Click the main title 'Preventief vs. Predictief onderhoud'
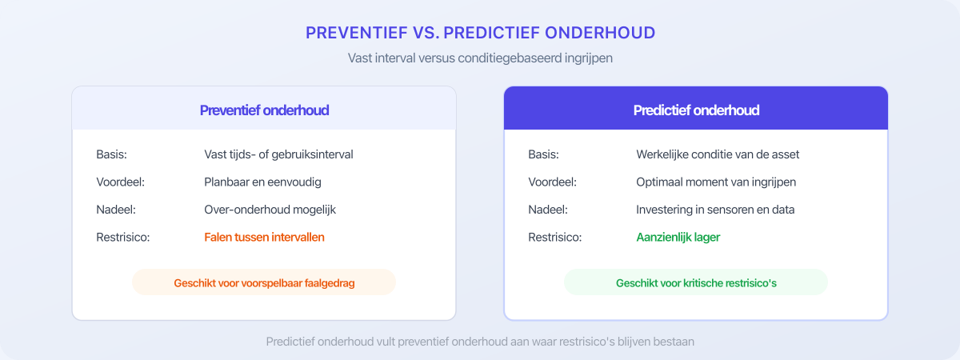pos(480,33)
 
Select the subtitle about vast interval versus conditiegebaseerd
pos(480,58)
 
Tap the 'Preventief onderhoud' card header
pos(264,110)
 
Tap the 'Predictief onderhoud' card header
pos(696,110)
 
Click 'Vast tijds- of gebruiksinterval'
pos(278,154)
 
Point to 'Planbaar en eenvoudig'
pos(262,182)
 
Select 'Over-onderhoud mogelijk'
pos(269,210)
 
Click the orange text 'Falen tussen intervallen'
pos(264,238)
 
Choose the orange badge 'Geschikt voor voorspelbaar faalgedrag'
pos(264,283)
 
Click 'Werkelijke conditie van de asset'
pos(718,154)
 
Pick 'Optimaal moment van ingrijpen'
pos(716,182)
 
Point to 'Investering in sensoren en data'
pos(715,210)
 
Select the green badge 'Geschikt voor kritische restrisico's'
pos(696,283)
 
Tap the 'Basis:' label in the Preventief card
pos(111,154)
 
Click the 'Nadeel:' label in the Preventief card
pos(115,210)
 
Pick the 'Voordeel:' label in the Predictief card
pos(552,182)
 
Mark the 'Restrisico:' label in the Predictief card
pos(554,238)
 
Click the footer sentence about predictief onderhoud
pos(480,342)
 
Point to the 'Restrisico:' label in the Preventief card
pos(122,238)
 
